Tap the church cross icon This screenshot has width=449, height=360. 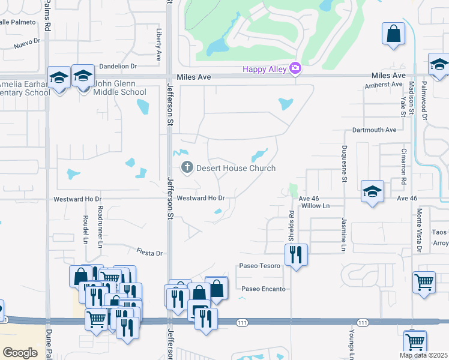[x=187, y=168]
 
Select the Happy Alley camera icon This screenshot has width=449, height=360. [x=295, y=68]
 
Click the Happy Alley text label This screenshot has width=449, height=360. [x=265, y=69]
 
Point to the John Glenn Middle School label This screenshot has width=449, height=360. [x=119, y=88]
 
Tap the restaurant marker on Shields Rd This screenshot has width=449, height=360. [x=296, y=254]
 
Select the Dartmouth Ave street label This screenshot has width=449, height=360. [x=375, y=130]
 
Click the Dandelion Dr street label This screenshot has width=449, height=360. [x=118, y=66]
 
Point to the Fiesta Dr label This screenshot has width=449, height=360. [x=150, y=253]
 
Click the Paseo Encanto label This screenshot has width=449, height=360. [x=264, y=289]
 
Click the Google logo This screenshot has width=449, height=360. [x=20, y=353]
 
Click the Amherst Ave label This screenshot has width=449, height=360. [x=383, y=85]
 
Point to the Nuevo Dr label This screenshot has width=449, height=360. [x=26, y=42]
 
